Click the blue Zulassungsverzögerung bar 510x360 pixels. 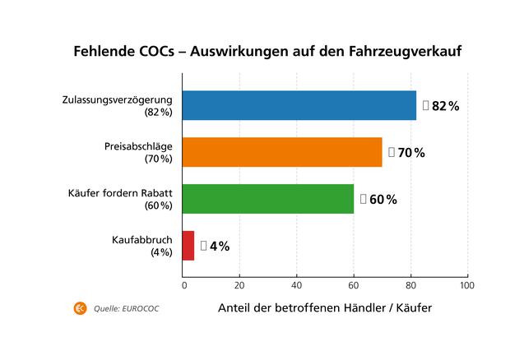pyautogui.click(x=299, y=105)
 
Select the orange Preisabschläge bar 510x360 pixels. pyautogui.click(x=281, y=152)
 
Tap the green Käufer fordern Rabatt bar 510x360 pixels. pyautogui.click(x=267, y=199)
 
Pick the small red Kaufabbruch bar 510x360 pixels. pyautogui.click(x=188, y=246)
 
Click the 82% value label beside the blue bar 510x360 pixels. pyautogui.click(x=441, y=106)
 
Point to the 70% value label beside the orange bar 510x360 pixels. pyautogui.click(x=406, y=153)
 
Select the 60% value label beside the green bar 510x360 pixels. pyautogui.click(x=378, y=200)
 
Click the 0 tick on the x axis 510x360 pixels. pyautogui.click(x=183, y=286)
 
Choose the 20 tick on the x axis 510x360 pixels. pyautogui.click(x=239, y=286)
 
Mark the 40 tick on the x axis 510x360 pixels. pyautogui.click(x=296, y=286)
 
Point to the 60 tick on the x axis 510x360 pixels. pyautogui.click(x=354, y=286)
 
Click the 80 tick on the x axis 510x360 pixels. pyautogui.click(x=410, y=286)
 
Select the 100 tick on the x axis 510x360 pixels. pyautogui.click(x=467, y=286)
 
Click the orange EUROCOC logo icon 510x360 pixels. pyautogui.click(x=81, y=308)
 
